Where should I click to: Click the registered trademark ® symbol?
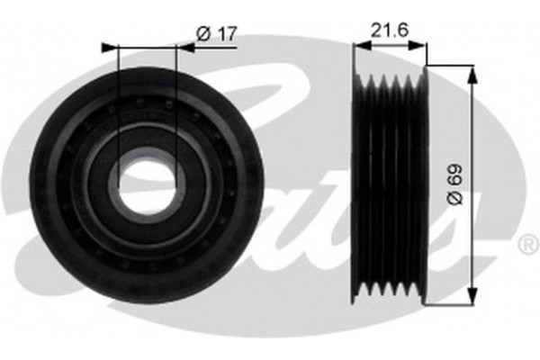coord(526,243)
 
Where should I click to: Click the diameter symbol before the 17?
coord(202,33)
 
